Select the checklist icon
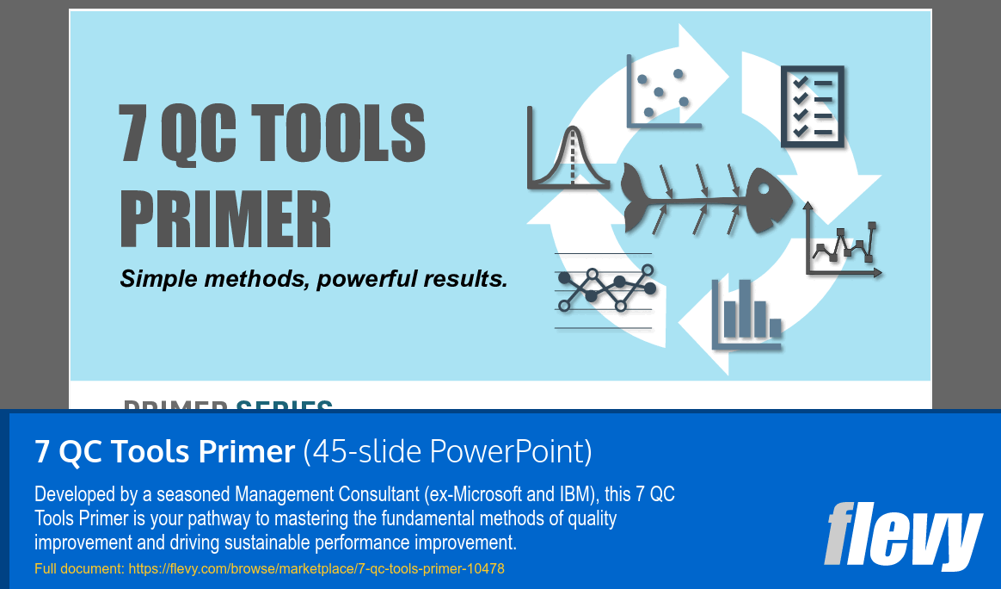click(x=812, y=107)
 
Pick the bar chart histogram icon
click(x=746, y=313)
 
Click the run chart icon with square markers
click(x=844, y=245)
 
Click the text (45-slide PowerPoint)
click(x=447, y=451)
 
